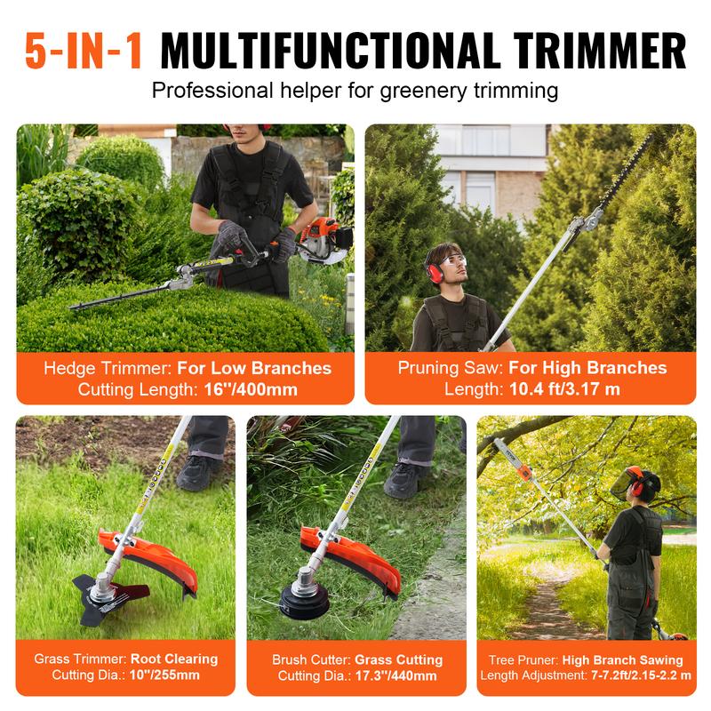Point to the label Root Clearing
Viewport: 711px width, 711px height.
pos(174,659)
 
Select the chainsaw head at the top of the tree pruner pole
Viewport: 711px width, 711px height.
pos(516,452)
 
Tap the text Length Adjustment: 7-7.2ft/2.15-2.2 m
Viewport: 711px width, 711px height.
pos(587,676)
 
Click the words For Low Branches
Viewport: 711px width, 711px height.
pos(253,368)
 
